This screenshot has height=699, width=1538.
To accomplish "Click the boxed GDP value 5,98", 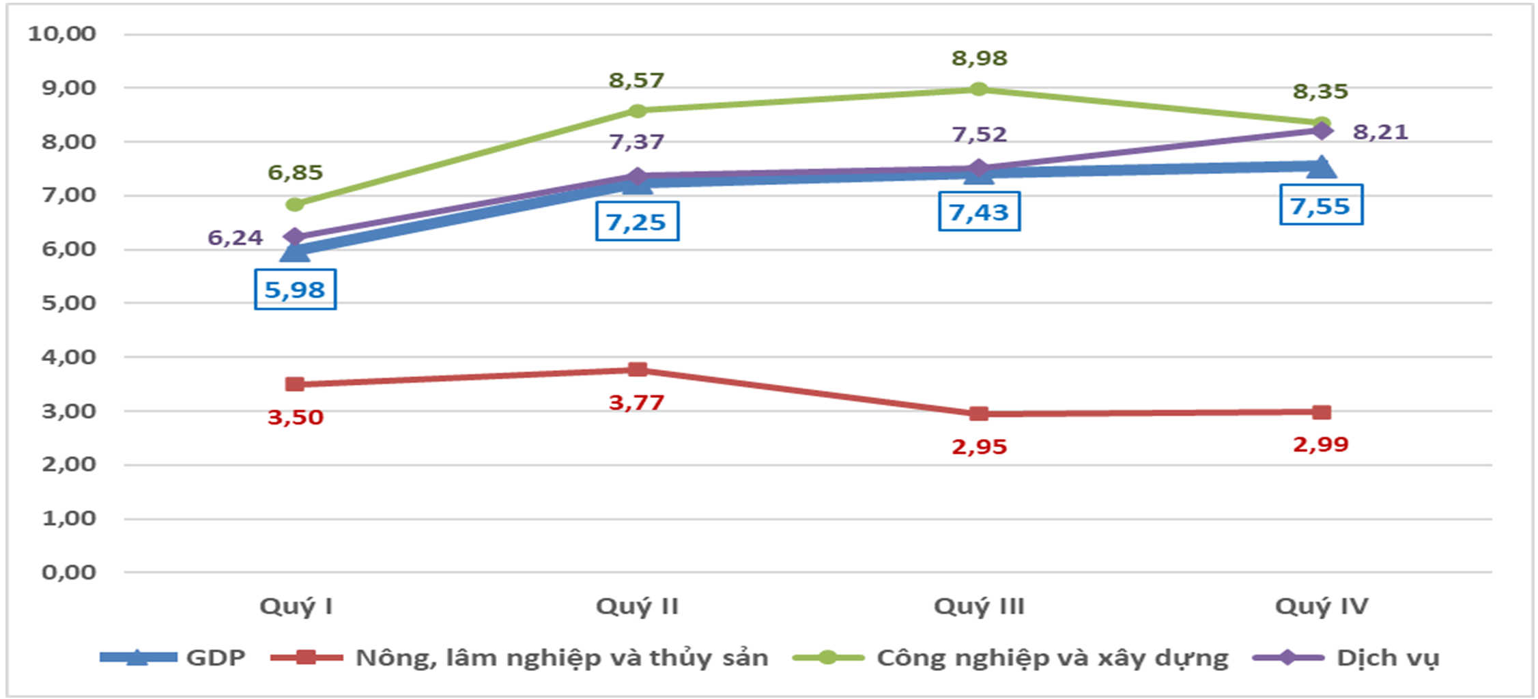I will pos(295,290).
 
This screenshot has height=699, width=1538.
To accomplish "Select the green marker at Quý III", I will pos(978,89).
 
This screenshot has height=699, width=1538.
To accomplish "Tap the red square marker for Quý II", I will pos(637,370).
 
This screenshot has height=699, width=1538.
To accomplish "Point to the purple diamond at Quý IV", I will pos(1322,130).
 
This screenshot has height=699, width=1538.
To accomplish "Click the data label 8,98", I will pos(979,59).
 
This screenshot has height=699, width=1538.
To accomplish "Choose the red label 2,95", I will pos(979,447).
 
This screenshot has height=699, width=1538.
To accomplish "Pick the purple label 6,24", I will pos(235,238).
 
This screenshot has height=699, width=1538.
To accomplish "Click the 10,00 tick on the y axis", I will pos(62,33).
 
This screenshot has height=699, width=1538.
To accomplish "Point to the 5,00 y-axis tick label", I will pos(68,302).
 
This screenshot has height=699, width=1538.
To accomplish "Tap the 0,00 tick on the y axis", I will pos(68,572).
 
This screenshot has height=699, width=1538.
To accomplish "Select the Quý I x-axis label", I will pos(296,606).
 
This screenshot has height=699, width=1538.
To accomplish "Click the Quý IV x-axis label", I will pos(1322,606).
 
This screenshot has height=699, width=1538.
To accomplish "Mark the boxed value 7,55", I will pos(1320,205).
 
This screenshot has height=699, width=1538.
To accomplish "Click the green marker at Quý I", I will pos(295,204).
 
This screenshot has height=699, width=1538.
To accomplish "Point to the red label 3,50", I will pos(295,417).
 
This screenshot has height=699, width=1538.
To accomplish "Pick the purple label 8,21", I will pos(1380,131).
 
